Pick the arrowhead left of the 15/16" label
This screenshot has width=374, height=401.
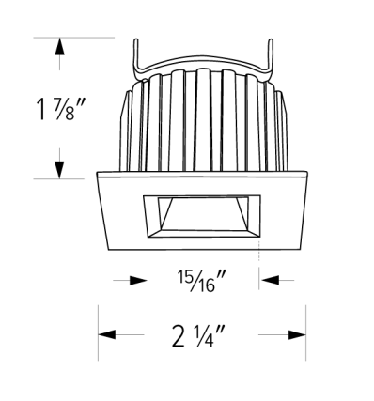139,279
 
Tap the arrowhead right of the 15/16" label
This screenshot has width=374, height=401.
270,279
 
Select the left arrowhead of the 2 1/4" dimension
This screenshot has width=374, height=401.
108,334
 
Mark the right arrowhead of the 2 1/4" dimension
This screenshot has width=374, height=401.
297,334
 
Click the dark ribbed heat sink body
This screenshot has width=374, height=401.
202,122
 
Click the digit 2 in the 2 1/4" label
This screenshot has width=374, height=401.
179,334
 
